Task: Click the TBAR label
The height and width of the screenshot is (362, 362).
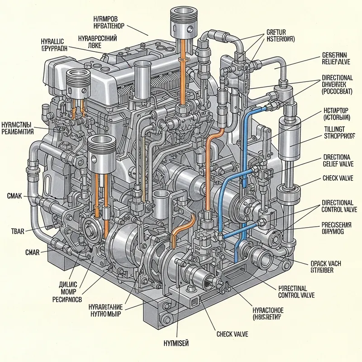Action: click(17, 231)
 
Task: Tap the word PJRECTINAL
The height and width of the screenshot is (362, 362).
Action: click(293, 288)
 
